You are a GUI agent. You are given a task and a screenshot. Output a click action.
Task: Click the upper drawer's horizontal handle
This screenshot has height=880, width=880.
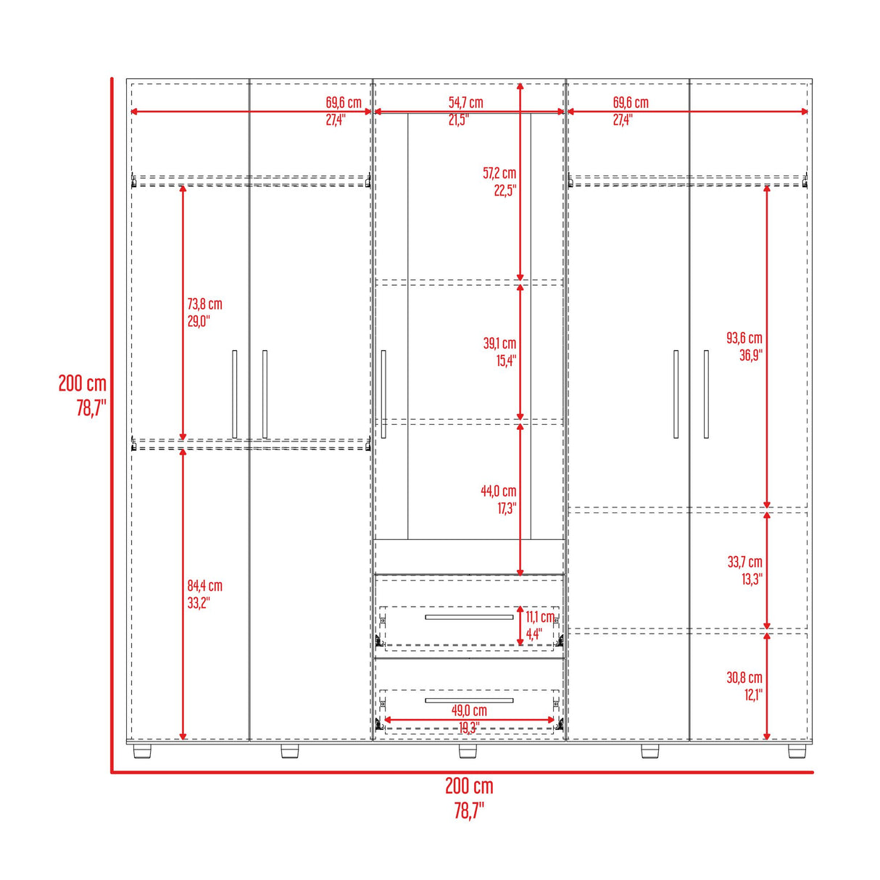click(x=469, y=618)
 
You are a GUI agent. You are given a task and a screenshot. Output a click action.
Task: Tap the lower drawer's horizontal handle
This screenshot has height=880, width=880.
click(x=469, y=700)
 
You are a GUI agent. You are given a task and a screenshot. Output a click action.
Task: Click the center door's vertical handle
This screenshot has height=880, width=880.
click(x=383, y=394)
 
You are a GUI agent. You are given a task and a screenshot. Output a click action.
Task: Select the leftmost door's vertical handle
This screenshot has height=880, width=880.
click(x=234, y=394)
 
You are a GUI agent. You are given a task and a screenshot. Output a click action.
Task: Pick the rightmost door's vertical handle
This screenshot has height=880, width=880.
click(x=706, y=394)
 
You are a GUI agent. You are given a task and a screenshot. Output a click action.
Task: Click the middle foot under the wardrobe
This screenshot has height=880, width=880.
click(x=468, y=751)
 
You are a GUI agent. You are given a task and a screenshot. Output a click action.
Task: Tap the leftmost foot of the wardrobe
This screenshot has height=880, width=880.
click(x=143, y=751)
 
